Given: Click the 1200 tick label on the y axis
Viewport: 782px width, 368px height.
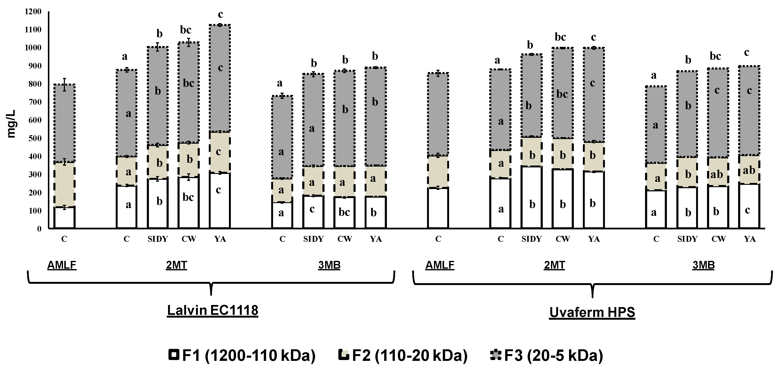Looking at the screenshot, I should pyautogui.click(x=33, y=12).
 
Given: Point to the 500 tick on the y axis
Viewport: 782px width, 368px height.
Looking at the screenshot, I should pyautogui.click(x=35, y=138).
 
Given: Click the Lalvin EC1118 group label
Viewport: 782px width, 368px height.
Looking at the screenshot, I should pyautogui.click(x=213, y=310).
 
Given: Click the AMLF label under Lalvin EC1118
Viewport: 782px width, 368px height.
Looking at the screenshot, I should pyautogui.click(x=62, y=265).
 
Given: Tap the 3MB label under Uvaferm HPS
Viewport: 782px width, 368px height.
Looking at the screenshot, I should pyautogui.click(x=703, y=265).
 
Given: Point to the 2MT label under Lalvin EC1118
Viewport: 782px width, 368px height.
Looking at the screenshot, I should pyautogui.click(x=176, y=265).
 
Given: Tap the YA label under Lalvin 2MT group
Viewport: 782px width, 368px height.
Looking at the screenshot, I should pyautogui.click(x=220, y=239).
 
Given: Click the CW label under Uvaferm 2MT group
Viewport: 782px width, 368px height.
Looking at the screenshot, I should pyautogui.click(x=563, y=239).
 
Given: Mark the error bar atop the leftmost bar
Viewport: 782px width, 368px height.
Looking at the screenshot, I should pyautogui.click(x=64, y=84).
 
